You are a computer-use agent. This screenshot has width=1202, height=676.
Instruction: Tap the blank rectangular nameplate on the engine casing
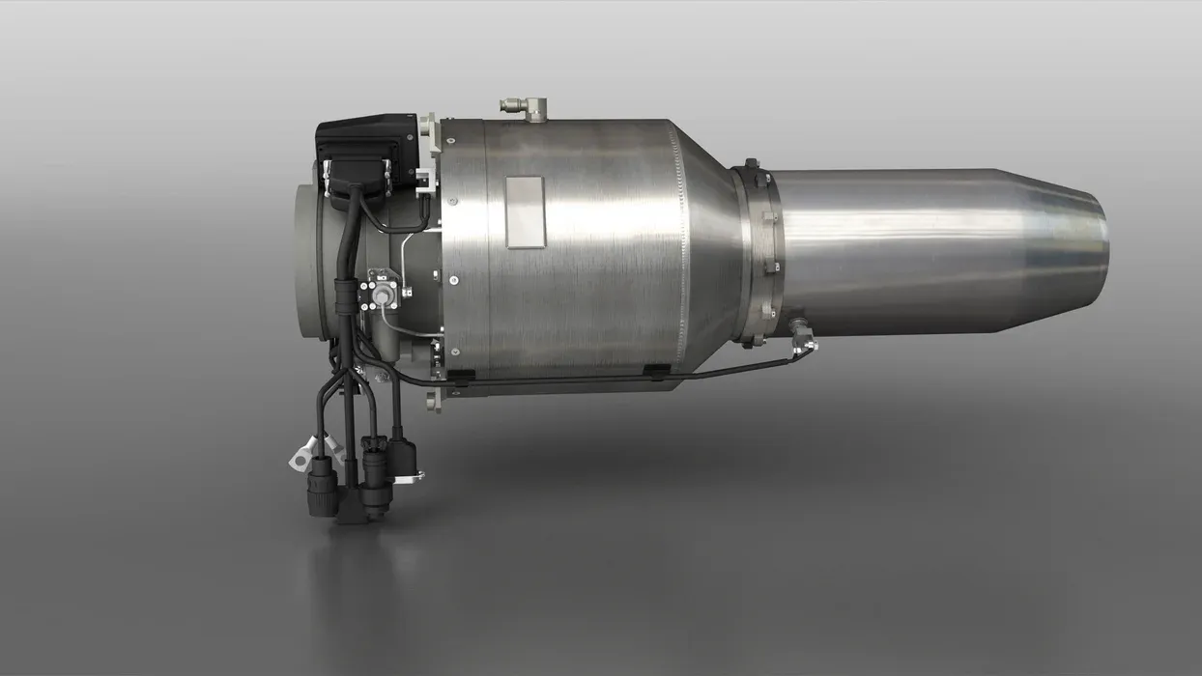point(526,211)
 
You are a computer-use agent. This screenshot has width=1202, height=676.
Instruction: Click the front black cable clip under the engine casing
point(462,380)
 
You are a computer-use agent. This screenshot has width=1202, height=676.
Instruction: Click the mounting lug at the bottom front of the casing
point(436,399)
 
